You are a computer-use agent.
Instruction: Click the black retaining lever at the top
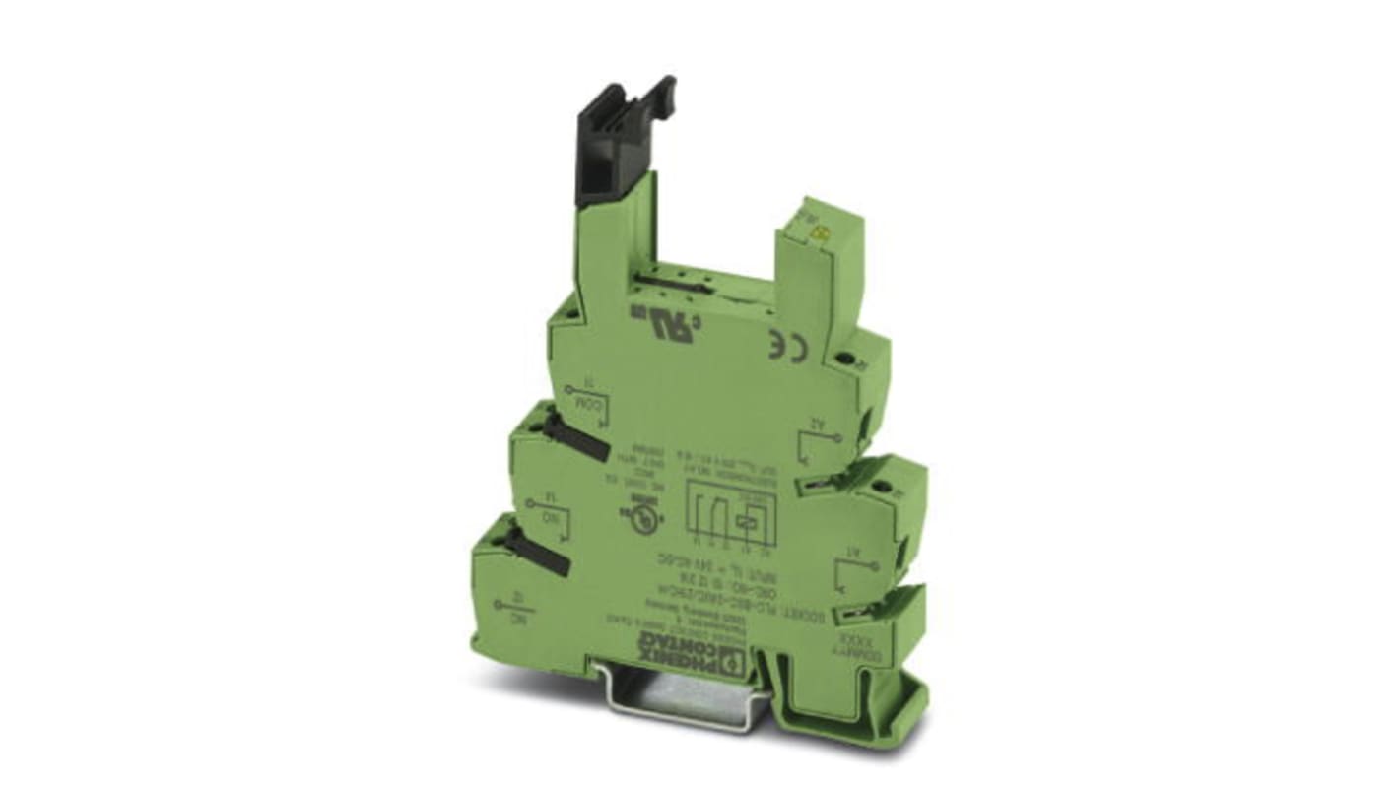pos(617,148)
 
